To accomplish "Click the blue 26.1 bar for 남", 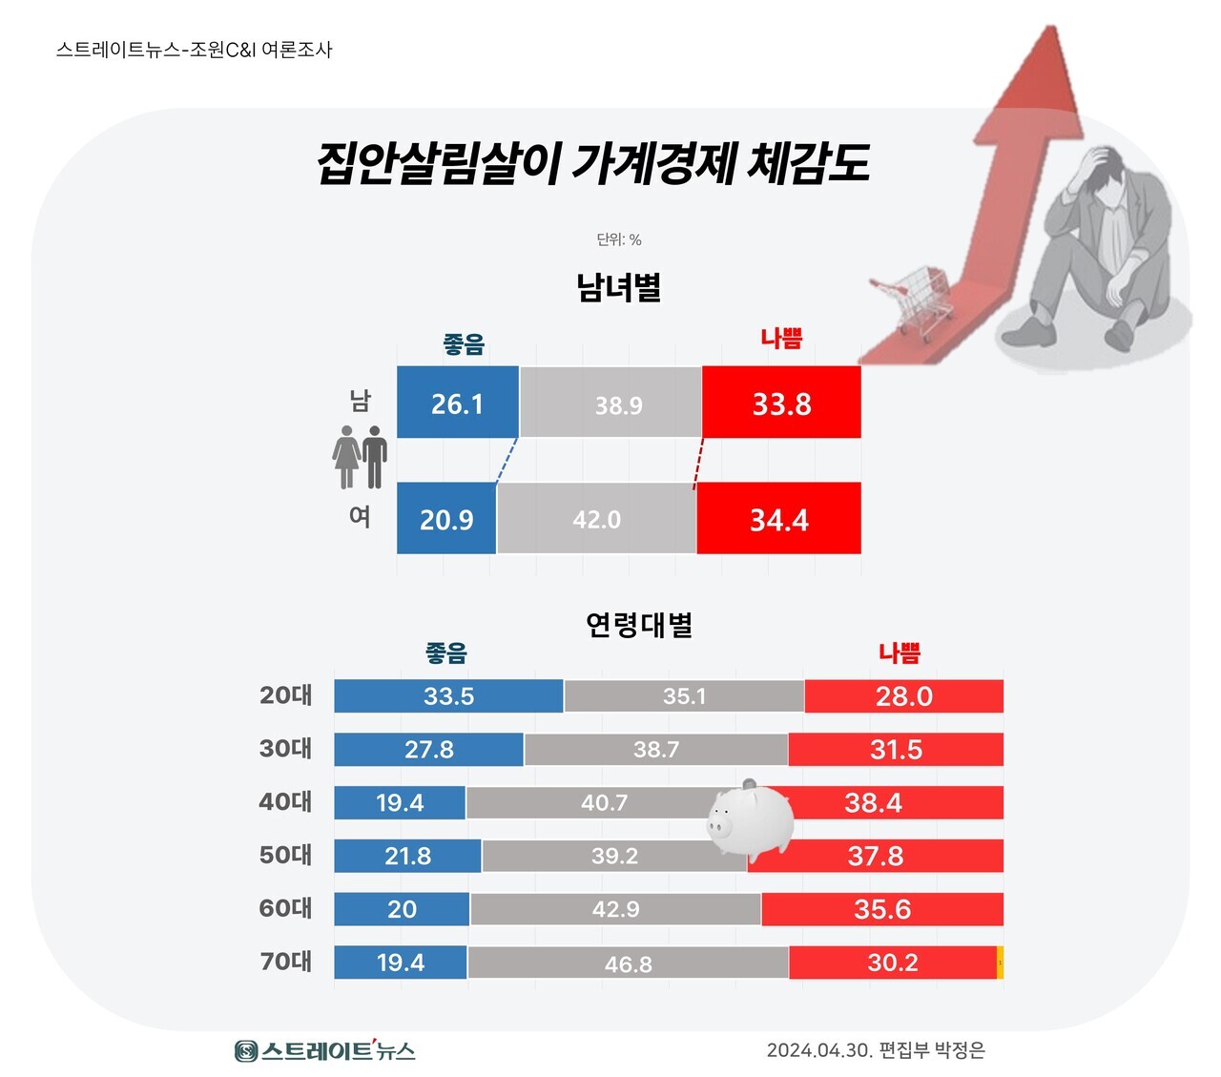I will (x=458, y=403).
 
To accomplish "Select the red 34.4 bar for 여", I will (x=778, y=518).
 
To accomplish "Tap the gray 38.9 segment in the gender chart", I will (x=610, y=403).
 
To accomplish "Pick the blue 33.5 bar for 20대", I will (x=448, y=696).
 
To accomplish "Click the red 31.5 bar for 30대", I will (x=896, y=750).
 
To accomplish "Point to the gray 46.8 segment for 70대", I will (x=628, y=963).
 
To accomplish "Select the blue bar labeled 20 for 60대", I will (x=402, y=909).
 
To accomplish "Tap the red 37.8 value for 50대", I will (x=876, y=857).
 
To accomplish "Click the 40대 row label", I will (x=285, y=802).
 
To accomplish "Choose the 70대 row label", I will (x=285, y=962).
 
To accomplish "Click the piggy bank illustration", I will (x=752, y=818).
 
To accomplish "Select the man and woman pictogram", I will (x=360, y=458).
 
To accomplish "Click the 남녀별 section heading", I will (x=618, y=287).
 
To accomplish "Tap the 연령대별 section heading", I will (x=639, y=626).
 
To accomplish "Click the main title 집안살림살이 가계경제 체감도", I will (x=592, y=163).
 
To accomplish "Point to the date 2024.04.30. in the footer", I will (x=819, y=1050).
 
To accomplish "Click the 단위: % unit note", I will (x=619, y=239).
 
